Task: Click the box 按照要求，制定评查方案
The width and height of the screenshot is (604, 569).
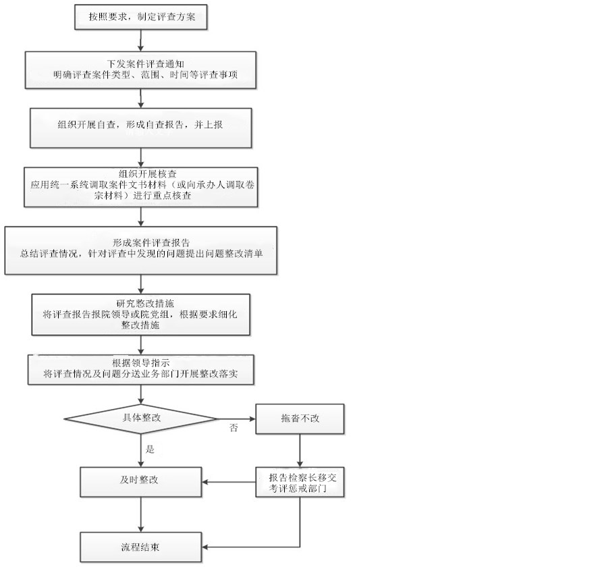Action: coord(140,17)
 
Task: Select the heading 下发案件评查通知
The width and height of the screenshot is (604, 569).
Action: coord(146,64)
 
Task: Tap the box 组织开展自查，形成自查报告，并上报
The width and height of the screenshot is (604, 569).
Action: coord(140,128)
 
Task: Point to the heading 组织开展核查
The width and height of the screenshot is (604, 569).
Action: coord(148,173)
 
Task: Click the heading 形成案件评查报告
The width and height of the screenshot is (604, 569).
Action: coord(151,243)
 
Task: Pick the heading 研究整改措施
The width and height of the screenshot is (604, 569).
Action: coord(145,304)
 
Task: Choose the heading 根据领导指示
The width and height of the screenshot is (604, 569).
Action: coord(141,363)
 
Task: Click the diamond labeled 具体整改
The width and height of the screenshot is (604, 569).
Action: coord(140,418)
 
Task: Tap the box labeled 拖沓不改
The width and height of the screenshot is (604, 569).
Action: coord(300,418)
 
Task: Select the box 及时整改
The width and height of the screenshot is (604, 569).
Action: coord(140,482)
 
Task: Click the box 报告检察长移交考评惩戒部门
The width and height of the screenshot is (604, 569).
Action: coord(300,482)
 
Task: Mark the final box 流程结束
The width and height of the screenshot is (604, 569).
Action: coord(140,547)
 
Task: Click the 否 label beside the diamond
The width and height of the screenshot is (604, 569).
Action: coord(234,428)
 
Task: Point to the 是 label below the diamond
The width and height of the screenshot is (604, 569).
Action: coord(150,449)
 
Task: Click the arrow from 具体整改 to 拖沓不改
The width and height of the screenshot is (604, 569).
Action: coord(236,418)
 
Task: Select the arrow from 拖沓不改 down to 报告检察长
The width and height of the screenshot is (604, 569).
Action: coord(300,451)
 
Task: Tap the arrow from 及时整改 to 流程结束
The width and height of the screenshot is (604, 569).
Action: coord(140,515)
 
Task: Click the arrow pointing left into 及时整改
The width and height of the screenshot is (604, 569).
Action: coord(229,482)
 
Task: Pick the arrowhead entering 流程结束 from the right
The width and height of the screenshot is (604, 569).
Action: coord(204,547)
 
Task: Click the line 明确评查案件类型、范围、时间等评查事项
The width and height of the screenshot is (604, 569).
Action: coord(146,75)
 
